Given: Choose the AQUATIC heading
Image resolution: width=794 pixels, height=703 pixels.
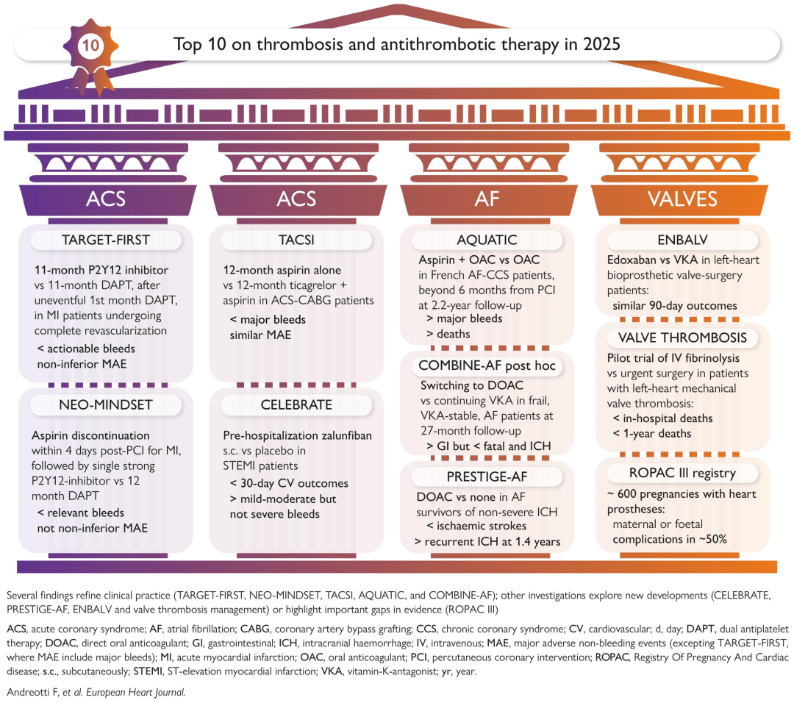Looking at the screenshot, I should (487, 240).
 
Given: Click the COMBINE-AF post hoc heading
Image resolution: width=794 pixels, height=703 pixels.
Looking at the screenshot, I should (487, 365).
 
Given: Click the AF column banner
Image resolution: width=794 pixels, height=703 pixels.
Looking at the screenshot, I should (487, 199).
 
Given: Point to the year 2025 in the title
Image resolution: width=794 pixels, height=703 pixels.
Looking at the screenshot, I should (599, 44).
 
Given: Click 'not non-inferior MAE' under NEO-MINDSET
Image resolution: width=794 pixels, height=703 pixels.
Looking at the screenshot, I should (92, 528).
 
